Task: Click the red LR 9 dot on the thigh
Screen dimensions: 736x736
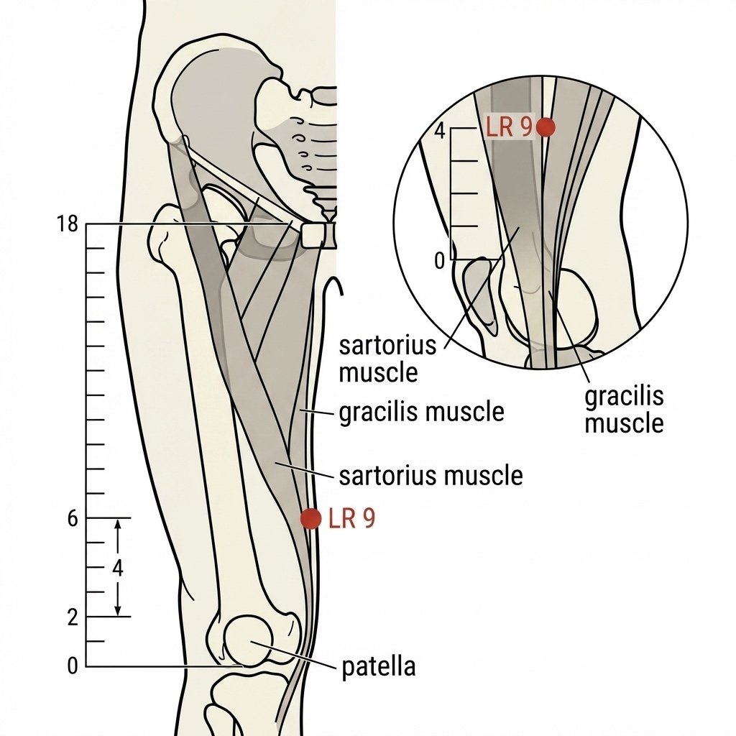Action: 310,519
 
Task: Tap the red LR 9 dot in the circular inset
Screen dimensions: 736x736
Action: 546,126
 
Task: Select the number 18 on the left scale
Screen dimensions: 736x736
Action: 67,224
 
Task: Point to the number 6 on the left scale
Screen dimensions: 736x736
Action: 73,519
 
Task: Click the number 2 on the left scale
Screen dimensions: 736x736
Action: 73,617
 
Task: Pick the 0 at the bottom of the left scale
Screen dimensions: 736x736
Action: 73,666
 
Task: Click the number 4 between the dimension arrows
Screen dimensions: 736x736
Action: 118,568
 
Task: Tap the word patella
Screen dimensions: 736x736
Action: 378,667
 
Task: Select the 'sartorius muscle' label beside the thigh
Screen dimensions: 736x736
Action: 431,476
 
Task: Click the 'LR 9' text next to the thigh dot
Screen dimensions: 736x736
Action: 352,519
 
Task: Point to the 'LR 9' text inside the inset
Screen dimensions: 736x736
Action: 509,127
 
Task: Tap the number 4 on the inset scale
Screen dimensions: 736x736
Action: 439,132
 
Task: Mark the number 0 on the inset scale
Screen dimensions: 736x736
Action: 439,260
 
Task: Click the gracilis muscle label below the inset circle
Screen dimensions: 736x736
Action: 624,410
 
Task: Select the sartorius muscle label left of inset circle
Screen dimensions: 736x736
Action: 387,359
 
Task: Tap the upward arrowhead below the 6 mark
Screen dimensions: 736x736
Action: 118,524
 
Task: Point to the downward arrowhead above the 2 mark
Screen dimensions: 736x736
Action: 118,611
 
